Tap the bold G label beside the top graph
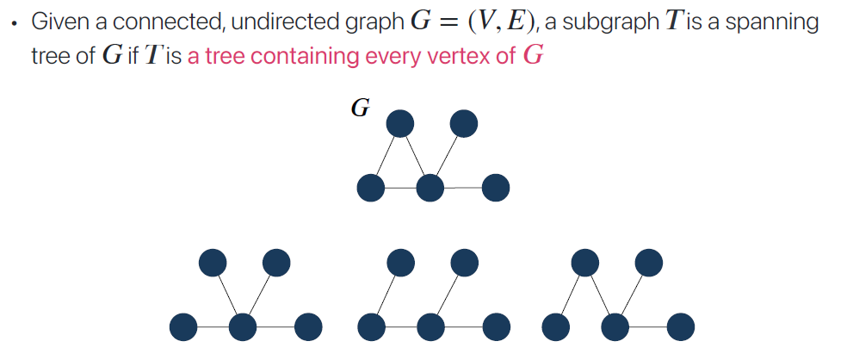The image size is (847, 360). click(361, 109)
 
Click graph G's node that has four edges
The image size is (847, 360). click(430, 186)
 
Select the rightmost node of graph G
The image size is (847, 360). click(496, 186)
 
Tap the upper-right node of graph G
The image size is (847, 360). click(464, 124)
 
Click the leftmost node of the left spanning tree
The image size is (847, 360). click(183, 326)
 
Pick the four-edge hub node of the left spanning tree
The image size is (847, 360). click(244, 326)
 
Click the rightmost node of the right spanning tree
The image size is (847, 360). click(680, 326)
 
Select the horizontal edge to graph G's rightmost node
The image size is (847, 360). click(463, 186)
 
